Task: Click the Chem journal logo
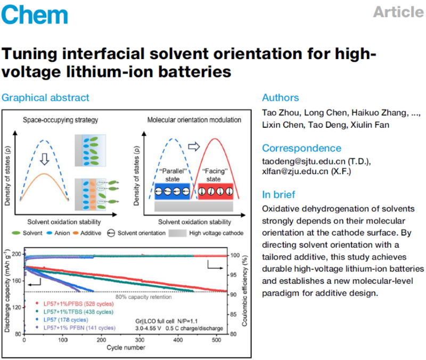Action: point(34,14)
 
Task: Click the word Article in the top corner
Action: point(398,12)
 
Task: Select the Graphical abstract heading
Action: point(45,97)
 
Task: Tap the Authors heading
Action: point(281,97)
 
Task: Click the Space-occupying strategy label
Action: point(58,120)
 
